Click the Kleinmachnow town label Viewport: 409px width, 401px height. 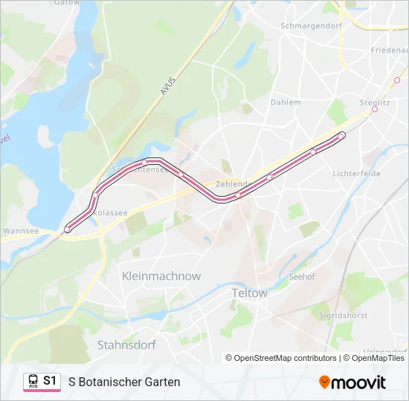click(x=161, y=276)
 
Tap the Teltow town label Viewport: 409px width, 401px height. click(x=249, y=293)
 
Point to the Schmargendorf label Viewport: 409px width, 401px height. click(x=309, y=25)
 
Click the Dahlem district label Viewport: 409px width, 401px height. click(x=286, y=102)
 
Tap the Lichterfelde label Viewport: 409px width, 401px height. click(x=356, y=173)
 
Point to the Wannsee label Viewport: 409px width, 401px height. click(x=21, y=231)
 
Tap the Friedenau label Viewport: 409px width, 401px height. click(x=389, y=50)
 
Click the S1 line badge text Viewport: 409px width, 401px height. click(x=50, y=381)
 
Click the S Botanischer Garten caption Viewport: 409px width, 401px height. click(x=124, y=382)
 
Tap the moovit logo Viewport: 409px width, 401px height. click(x=352, y=382)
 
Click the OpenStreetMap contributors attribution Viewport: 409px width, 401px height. click(x=281, y=358)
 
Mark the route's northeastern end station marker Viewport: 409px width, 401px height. click(x=341, y=135)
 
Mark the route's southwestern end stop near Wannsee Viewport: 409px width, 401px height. click(x=68, y=229)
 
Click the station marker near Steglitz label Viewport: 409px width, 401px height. click(x=375, y=109)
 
